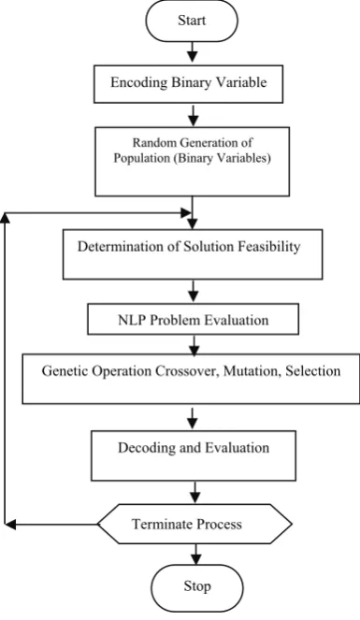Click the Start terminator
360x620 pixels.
pyautogui.click(x=192, y=21)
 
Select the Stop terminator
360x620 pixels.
pyautogui.click(x=196, y=587)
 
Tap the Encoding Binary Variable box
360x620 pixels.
pyautogui.click(x=188, y=83)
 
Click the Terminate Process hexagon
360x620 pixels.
pyautogui.click(x=194, y=524)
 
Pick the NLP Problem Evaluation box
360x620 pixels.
pyautogui.click(x=193, y=319)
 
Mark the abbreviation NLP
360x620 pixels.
pyautogui.click(x=131, y=320)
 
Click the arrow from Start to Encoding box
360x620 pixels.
pyautogui.click(x=192, y=51)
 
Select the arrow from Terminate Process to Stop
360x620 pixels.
pyautogui.click(x=195, y=554)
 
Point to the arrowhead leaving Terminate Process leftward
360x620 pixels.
pyautogui.click(x=9, y=525)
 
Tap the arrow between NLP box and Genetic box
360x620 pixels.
pyautogui.click(x=194, y=344)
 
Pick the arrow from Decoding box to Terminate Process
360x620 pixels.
pyautogui.click(x=194, y=492)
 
